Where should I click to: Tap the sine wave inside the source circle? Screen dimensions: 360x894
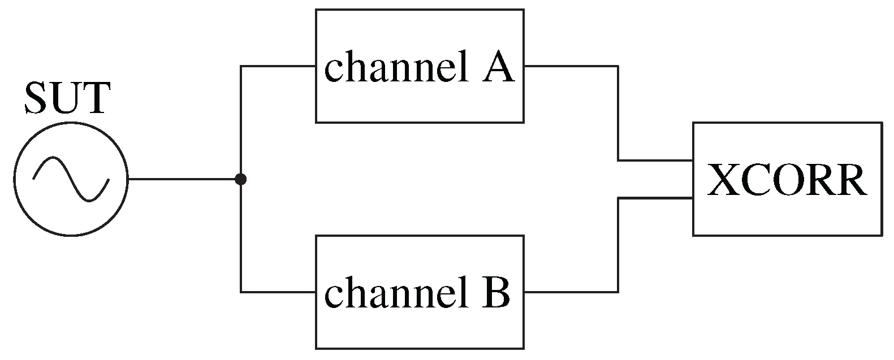pos(71,179)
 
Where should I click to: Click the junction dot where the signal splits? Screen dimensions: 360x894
pos(241,180)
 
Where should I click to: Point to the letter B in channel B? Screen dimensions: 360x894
pos(496,294)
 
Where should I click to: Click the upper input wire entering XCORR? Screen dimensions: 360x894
pos(656,161)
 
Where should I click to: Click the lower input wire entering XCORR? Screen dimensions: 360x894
pos(656,198)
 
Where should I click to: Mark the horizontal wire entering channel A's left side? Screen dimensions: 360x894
pos(278,66)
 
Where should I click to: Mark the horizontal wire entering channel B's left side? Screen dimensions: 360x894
pos(278,292)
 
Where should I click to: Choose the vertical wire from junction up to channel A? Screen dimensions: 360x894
pos(241,122)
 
